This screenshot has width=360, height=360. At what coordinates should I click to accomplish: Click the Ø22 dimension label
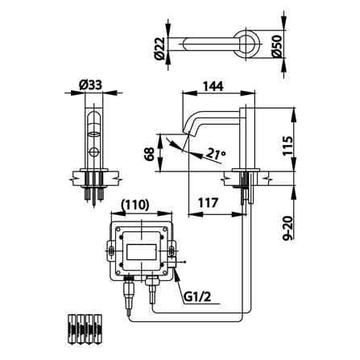(159, 48)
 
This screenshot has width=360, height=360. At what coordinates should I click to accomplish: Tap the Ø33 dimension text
(90, 85)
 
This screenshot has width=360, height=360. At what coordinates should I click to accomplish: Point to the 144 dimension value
(213, 86)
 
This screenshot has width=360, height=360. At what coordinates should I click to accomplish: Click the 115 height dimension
(288, 145)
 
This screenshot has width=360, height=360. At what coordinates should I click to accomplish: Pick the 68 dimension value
(149, 154)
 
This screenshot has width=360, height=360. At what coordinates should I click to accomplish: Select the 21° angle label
(216, 154)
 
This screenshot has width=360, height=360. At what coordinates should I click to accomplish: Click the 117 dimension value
(209, 203)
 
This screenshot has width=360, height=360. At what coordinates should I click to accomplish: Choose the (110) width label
(134, 205)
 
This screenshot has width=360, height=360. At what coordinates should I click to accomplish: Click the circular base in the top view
(246, 43)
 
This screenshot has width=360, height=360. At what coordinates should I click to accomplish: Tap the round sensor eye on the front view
(94, 151)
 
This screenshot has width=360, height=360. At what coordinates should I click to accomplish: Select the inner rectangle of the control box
(142, 252)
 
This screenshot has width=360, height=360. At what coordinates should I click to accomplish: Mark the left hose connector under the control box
(129, 293)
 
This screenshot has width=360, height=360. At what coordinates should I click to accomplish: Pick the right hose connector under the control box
(152, 288)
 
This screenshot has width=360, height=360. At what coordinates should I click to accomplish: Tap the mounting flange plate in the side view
(246, 170)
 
